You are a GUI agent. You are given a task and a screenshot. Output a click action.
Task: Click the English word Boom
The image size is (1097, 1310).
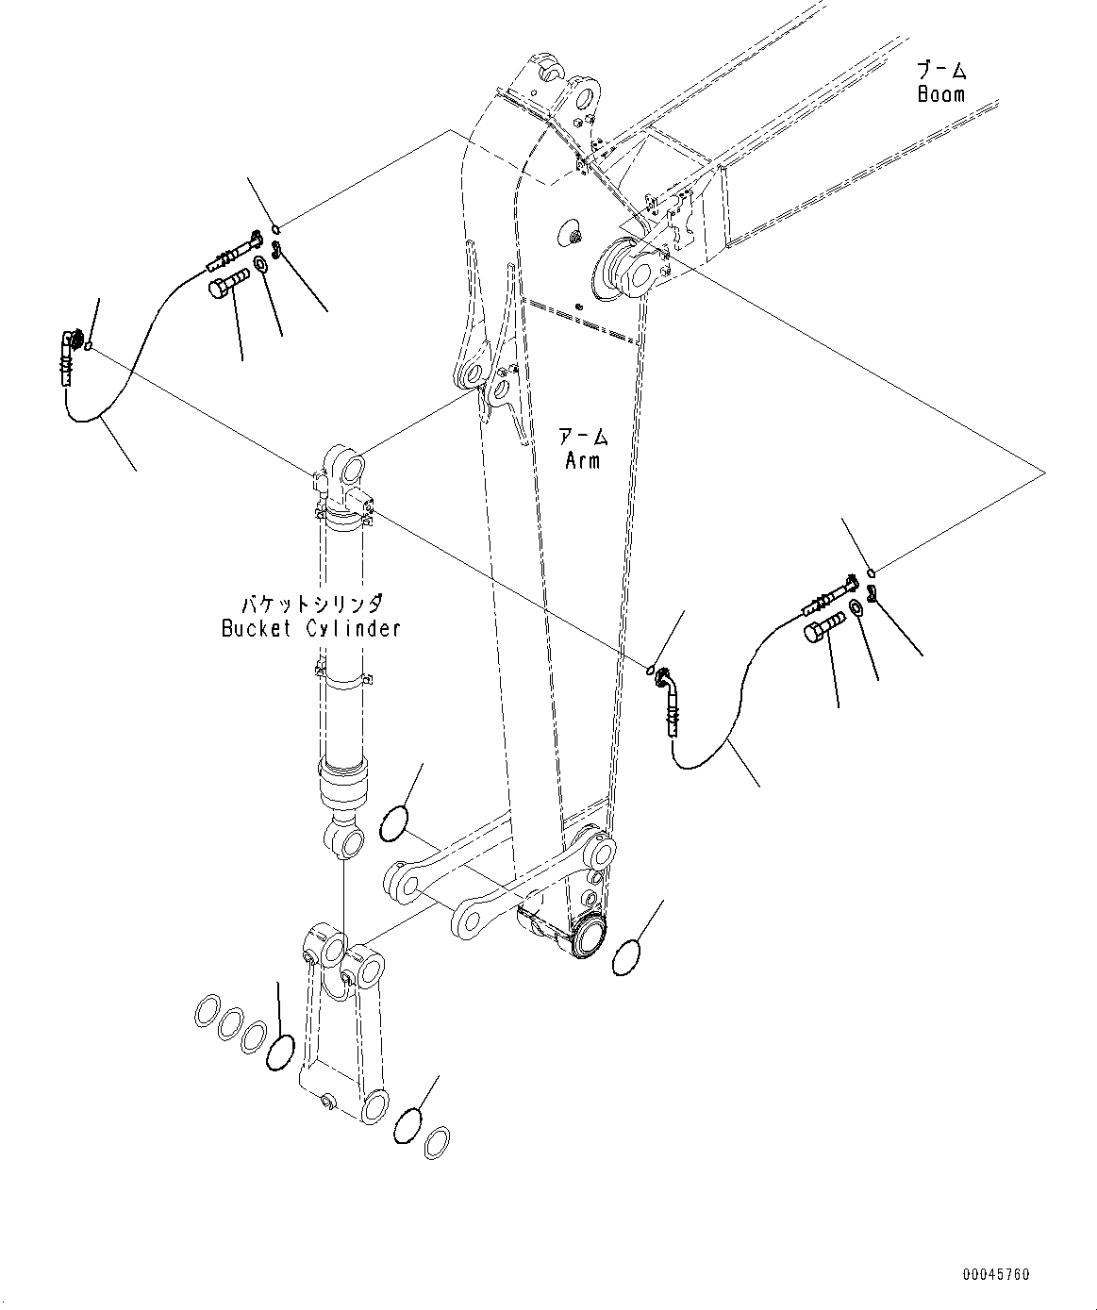[941, 94]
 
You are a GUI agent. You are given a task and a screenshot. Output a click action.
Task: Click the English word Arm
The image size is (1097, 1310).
[582, 460]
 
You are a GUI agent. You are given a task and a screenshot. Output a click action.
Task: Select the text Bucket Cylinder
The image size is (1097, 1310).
[311, 628]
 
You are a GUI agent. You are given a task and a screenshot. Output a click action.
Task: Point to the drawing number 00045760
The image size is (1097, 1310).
[996, 1275]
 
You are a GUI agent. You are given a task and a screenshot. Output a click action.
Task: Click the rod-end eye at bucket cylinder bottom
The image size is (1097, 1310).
[345, 839]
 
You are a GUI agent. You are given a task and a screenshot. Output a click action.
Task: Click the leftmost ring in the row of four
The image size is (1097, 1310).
[208, 1014]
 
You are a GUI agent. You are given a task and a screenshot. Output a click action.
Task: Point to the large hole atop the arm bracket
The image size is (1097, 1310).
[586, 95]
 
